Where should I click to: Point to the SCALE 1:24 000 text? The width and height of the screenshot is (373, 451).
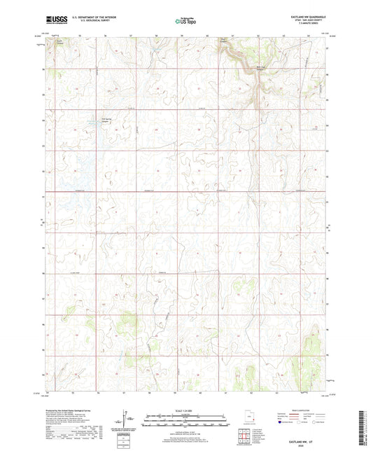pyautogui.click(x=186, y=410)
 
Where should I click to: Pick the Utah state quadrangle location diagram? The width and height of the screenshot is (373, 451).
pyautogui.click(x=251, y=417)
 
